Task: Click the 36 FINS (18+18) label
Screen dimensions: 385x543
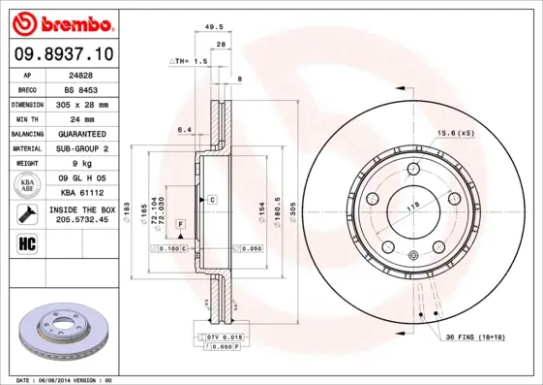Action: tap(474, 337)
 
